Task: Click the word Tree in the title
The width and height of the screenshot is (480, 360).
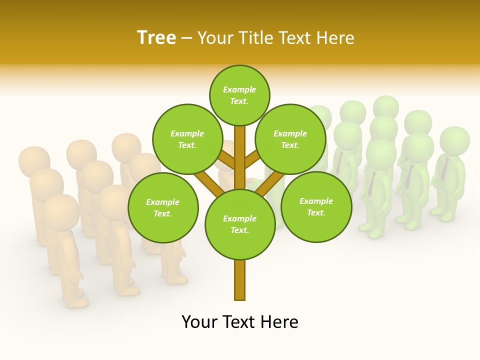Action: pyautogui.click(x=156, y=37)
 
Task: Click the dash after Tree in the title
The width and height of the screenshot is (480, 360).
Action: pyautogui.click(x=186, y=38)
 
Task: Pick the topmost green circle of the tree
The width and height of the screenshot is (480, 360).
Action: pyautogui.click(x=239, y=95)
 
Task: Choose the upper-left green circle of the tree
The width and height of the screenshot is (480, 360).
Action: pyautogui.click(x=187, y=139)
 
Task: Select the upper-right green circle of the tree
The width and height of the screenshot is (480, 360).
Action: pyautogui.click(x=290, y=139)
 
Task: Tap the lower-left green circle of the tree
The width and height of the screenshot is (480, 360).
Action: pyautogui.click(x=162, y=207)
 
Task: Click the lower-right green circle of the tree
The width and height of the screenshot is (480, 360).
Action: pyautogui.click(x=316, y=206)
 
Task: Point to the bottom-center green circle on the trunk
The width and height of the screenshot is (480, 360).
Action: pyautogui.click(x=240, y=224)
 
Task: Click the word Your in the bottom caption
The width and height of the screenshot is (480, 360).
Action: pyautogui.click(x=199, y=321)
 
